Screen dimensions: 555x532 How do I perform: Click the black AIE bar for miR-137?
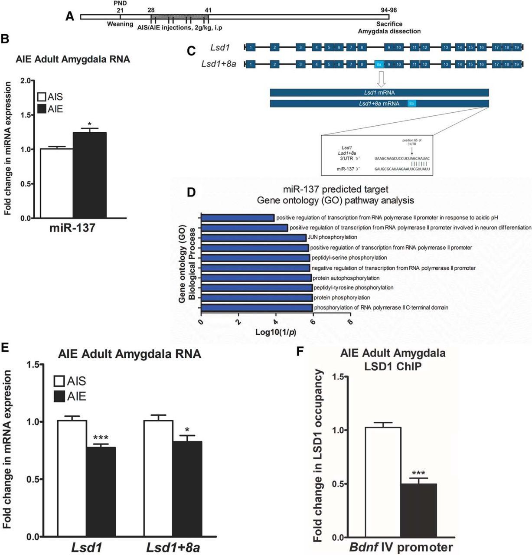89,175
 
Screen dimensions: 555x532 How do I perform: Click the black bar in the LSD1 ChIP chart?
418,510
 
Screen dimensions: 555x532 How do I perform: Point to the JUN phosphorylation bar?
254,238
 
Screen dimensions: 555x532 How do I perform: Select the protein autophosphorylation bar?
256,278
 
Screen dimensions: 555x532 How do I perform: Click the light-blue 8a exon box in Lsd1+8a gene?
379,65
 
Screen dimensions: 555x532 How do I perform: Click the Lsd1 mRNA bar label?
379,93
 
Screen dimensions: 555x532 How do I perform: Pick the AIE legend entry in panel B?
50,109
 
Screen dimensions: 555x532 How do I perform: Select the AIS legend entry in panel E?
70,381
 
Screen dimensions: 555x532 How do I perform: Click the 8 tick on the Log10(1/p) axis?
349,322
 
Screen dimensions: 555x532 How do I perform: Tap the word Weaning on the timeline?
120,24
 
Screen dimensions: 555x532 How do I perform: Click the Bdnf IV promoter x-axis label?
401,547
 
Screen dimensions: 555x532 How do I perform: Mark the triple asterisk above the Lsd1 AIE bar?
101,438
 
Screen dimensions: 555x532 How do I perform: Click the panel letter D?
191,192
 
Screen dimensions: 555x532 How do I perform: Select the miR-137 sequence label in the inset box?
346,169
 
